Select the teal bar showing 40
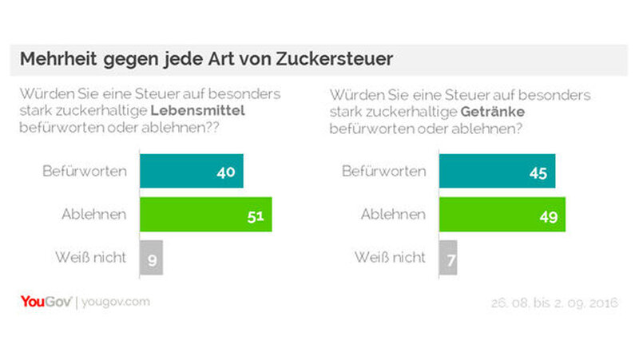click(x=191, y=172)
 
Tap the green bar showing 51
click(x=205, y=215)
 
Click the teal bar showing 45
click(x=497, y=172)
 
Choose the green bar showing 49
click(x=502, y=215)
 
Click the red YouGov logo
click(x=46, y=302)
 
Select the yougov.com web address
click(x=116, y=303)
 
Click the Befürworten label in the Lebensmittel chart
click(x=85, y=172)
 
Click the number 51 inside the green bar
click(x=254, y=215)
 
